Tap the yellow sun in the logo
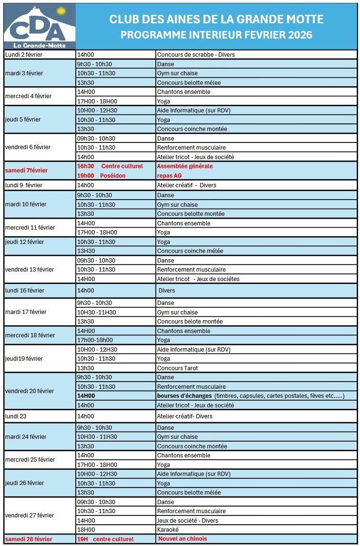coord(60,10)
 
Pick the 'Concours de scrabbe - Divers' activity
coord(196,55)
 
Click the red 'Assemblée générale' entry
coord(185,166)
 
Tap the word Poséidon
coord(113,175)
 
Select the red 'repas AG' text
coord(169,175)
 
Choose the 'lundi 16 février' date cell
coord(25,291)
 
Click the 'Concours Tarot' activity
coord(178,368)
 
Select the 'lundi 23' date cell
coord(16,416)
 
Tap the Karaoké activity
coord(168,529)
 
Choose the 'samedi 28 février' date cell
coord(29,539)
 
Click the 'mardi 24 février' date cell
coord(26,437)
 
